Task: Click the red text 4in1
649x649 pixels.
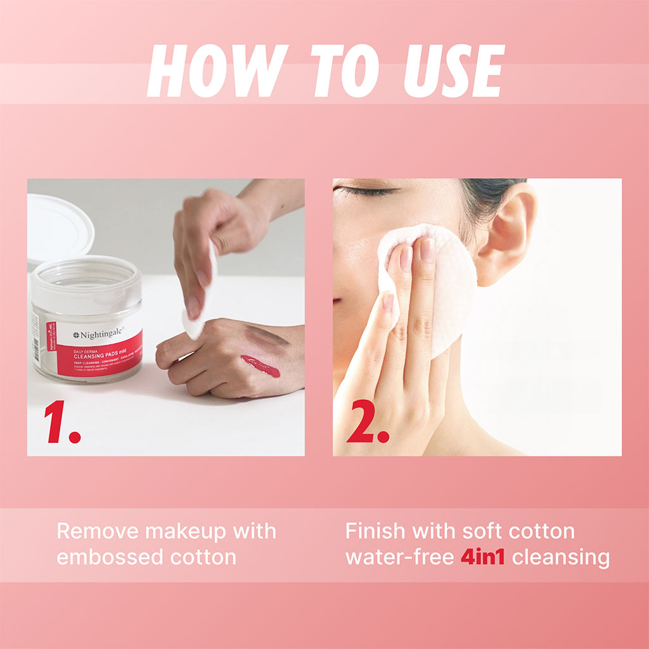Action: pyautogui.click(x=482, y=558)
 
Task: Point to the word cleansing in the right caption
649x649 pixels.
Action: pyautogui.click(x=561, y=558)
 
